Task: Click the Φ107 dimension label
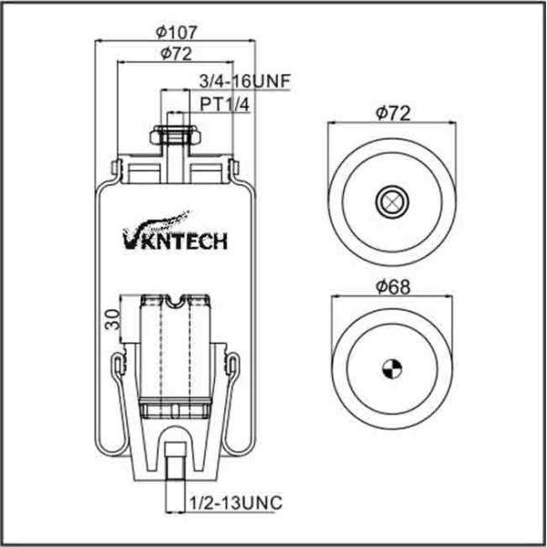pos(177,32)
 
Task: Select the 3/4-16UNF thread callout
pos(245,82)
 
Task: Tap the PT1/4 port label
pos(225,104)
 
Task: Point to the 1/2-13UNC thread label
pos(236,502)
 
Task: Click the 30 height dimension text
pos(113,320)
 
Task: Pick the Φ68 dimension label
pos(393,287)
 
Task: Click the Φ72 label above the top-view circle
pos(393,113)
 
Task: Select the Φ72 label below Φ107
pos(176,54)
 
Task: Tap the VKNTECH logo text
pos(175,241)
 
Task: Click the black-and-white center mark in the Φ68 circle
pos(392,368)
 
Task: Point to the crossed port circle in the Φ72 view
pos(392,201)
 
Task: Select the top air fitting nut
pos(175,135)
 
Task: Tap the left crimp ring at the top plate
pos(118,168)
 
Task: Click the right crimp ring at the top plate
pos(233,167)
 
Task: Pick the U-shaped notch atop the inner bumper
pos(175,301)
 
